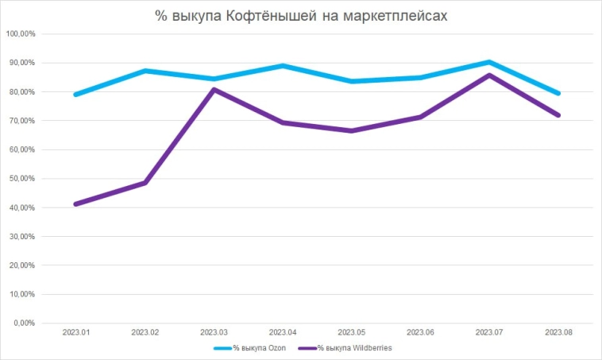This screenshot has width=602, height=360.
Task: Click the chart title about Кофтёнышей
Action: pyautogui.click(x=301, y=15)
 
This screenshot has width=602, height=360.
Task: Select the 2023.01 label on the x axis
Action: pyautogui.click(x=77, y=332)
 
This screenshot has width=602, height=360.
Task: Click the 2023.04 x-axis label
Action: pyautogui.click(x=283, y=332)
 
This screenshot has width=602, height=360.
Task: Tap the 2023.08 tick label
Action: pyautogui.click(x=558, y=332)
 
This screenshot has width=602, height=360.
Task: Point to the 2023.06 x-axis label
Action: pyautogui.click(x=421, y=332)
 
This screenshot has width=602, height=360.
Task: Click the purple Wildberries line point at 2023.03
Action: pyautogui.click(x=214, y=89)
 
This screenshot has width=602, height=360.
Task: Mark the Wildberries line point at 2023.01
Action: pyautogui.click(x=76, y=204)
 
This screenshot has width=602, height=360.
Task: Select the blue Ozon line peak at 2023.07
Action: pyautogui.click(x=489, y=62)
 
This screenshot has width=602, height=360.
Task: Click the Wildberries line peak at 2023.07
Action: pyautogui.click(x=489, y=75)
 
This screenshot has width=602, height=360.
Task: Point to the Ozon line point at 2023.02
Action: pyautogui.click(x=145, y=71)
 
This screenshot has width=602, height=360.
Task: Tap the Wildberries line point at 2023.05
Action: pyautogui.click(x=352, y=130)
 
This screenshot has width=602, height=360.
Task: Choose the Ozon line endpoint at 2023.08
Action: pyautogui.click(x=558, y=93)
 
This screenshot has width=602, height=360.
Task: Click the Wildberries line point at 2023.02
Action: pyautogui.click(x=145, y=183)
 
